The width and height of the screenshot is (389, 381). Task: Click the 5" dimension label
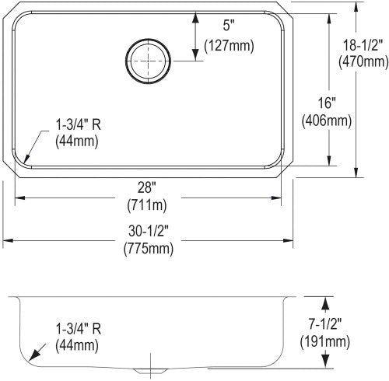228,26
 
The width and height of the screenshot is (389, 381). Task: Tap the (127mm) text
229,46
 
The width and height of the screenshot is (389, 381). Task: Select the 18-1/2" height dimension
363,45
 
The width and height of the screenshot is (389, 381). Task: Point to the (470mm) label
363,61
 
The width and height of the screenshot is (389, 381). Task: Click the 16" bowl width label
327,103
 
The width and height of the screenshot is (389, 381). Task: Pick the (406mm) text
327,121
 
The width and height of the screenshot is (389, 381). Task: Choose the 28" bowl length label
147,187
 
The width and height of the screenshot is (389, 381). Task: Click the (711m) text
147,205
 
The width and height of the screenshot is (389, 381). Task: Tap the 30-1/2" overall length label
149,231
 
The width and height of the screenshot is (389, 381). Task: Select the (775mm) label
149,249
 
